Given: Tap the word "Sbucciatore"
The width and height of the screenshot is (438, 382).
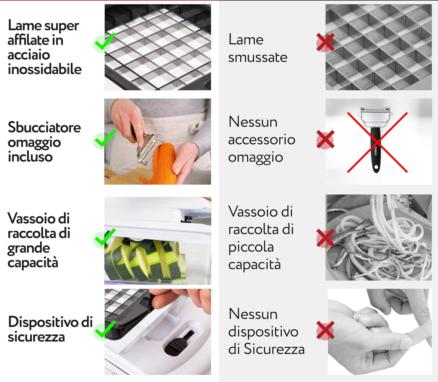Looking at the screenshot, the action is (44, 127).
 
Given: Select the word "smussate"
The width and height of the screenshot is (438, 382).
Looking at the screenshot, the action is (258, 57).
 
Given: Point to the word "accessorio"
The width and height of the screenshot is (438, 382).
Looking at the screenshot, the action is (262, 139).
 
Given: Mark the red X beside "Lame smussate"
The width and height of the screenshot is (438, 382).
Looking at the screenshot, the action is (326, 42).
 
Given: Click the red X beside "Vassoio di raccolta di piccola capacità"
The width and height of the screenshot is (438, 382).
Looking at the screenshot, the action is (326, 238).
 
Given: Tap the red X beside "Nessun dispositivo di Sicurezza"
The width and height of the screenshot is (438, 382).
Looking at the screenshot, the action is (326, 330).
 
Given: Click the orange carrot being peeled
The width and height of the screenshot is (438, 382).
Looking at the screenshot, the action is (165, 164).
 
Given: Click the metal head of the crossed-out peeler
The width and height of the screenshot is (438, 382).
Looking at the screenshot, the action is (375, 117).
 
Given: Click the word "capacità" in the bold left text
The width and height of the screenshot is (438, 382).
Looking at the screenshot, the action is (33, 263).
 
